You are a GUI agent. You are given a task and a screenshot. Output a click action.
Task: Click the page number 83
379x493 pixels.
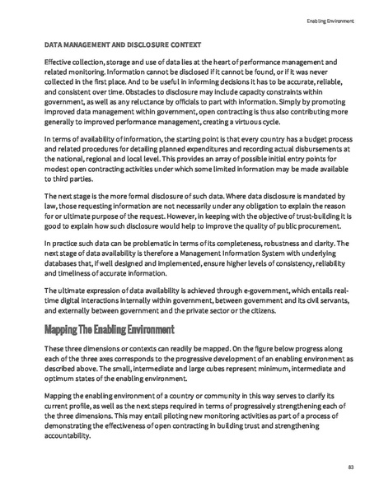click(350, 467)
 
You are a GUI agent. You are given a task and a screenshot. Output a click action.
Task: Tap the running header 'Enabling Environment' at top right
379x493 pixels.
click(330, 21)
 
